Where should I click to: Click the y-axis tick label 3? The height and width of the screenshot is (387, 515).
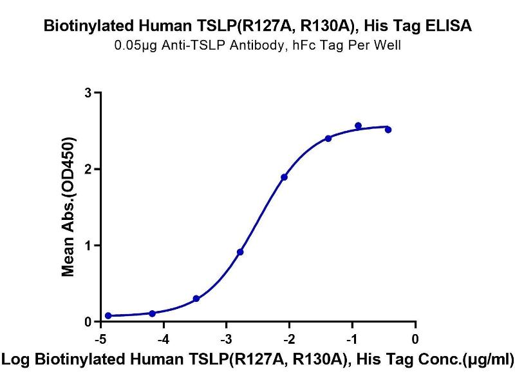(x=87, y=93)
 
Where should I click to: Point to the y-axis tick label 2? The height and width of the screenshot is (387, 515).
(x=87, y=169)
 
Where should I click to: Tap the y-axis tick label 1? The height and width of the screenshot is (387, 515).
(x=87, y=245)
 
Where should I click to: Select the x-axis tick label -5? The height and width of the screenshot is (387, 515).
(x=100, y=339)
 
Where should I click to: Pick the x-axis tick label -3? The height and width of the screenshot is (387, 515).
(x=226, y=339)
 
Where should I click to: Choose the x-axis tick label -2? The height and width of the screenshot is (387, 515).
(x=289, y=339)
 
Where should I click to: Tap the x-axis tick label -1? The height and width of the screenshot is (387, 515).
(x=352, y=339)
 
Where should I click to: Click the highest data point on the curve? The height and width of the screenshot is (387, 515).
(x=358, y=126)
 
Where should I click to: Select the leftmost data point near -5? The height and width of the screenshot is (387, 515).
(x=108, y=315)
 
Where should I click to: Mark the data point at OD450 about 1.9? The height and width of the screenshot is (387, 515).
(x=284, y=177)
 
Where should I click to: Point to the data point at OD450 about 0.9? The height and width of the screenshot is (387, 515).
(x=240, y=252)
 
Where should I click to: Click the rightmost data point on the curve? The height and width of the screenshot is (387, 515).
(x=388, y=130)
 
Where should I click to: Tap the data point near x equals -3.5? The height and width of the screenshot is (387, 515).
(x=196, y=299)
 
